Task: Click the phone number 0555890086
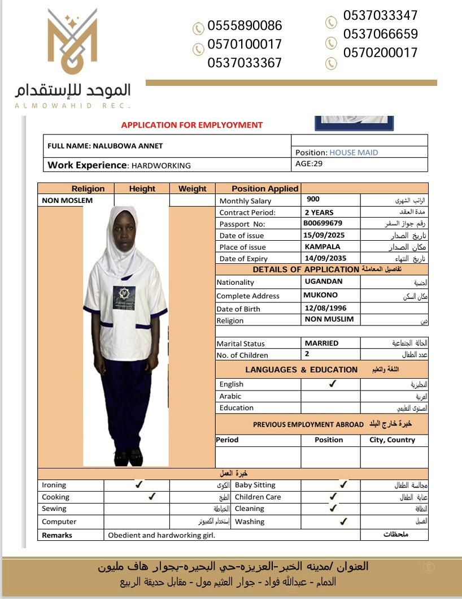click(245, 26)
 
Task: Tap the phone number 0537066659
click(380, 34)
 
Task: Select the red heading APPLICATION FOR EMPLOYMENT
click(192, 125)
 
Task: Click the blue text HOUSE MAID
click(354, 153)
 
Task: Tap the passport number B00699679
click(323, 223)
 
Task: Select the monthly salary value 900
click(313, 199)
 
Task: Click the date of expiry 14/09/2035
click(324, 258)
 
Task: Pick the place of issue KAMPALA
click(322, 247)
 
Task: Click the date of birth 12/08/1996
click(325, 309)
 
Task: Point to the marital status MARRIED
click(321, 343)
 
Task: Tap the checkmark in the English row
click(333, 384)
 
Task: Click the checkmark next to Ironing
click(138, 484)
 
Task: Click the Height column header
click(142, 189)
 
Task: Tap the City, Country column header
click(392, 440)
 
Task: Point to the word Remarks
click(57, 535)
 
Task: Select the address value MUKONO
click(320, 295)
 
